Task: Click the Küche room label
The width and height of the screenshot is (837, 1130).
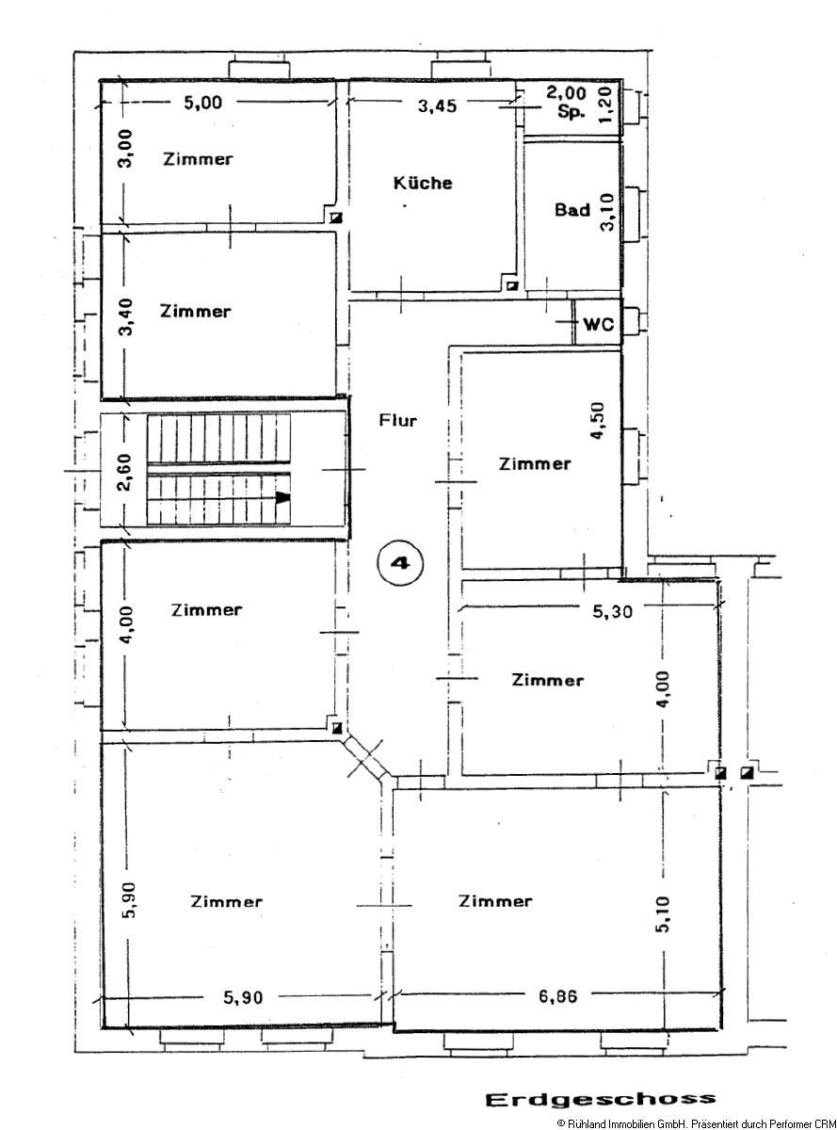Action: click(x=423, y=183)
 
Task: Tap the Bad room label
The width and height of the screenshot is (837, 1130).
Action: click(x=572, y=209)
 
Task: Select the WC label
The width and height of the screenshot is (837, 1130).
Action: click(x=599, y=324)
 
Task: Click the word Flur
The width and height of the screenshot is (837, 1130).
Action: click(x=398, y=420)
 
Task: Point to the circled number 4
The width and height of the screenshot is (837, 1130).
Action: click(x=400, y=563)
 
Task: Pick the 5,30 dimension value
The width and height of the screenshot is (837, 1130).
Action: click(x=612, y=611)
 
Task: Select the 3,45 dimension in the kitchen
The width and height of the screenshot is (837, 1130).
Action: click(x=437, y=106)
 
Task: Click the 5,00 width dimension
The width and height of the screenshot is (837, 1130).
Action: click(x=203, y=103)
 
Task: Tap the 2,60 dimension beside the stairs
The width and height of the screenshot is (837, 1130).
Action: click(x=124, y=473)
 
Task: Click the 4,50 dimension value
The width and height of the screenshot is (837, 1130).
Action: click(x=598, y=420)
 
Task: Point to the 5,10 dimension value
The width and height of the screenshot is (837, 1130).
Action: click(x=663, y=914)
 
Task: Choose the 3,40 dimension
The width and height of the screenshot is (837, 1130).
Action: click(x=125, y=317)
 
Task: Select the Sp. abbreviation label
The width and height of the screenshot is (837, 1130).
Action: click(x=571, y=111)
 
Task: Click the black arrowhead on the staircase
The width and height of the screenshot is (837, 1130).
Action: click(x=283, y=498)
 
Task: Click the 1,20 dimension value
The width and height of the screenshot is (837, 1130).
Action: click(x=604, y=105)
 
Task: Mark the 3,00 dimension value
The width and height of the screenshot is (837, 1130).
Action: click(x=125, y=148)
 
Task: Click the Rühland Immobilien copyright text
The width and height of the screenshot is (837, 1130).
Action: click(x=697, y=1122)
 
